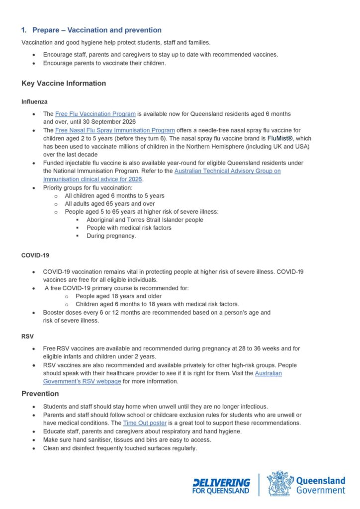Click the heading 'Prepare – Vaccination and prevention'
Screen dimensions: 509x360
point(96,30)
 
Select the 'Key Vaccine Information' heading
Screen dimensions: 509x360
point(64,84)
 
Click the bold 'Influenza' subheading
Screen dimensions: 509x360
point(34,102)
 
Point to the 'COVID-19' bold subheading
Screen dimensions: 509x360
point(35,255)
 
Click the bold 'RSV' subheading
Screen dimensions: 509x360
point(27,336)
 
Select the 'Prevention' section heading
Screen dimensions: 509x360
point(40,394)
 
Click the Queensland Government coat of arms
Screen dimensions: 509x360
point(279,483)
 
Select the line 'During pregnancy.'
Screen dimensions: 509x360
point(111,236)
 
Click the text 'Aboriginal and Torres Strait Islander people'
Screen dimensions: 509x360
point(145,220)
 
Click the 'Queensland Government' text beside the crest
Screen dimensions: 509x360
point(320,485)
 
